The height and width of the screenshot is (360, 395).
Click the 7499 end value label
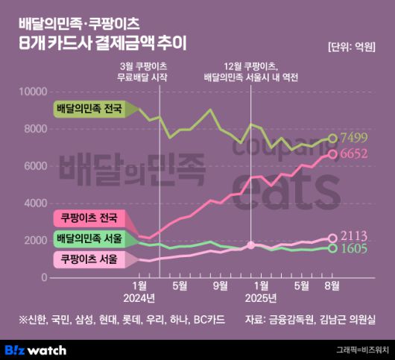click(x=356, y=138)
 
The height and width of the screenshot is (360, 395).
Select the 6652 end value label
click(x=356, y=154)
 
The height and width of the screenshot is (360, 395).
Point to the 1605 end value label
click(x=356, y=249)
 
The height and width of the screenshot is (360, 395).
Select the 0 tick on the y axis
click(x=45, y=277)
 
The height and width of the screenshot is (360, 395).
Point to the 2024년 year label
click(x=138, y=298)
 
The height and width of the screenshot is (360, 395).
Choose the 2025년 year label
click(x=261, y=298)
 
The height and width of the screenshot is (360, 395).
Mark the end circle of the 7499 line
click(x=333, y=138)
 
